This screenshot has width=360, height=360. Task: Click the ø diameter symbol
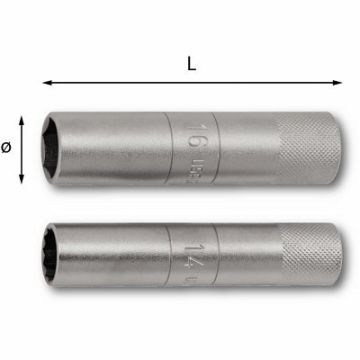coord(8,147)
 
